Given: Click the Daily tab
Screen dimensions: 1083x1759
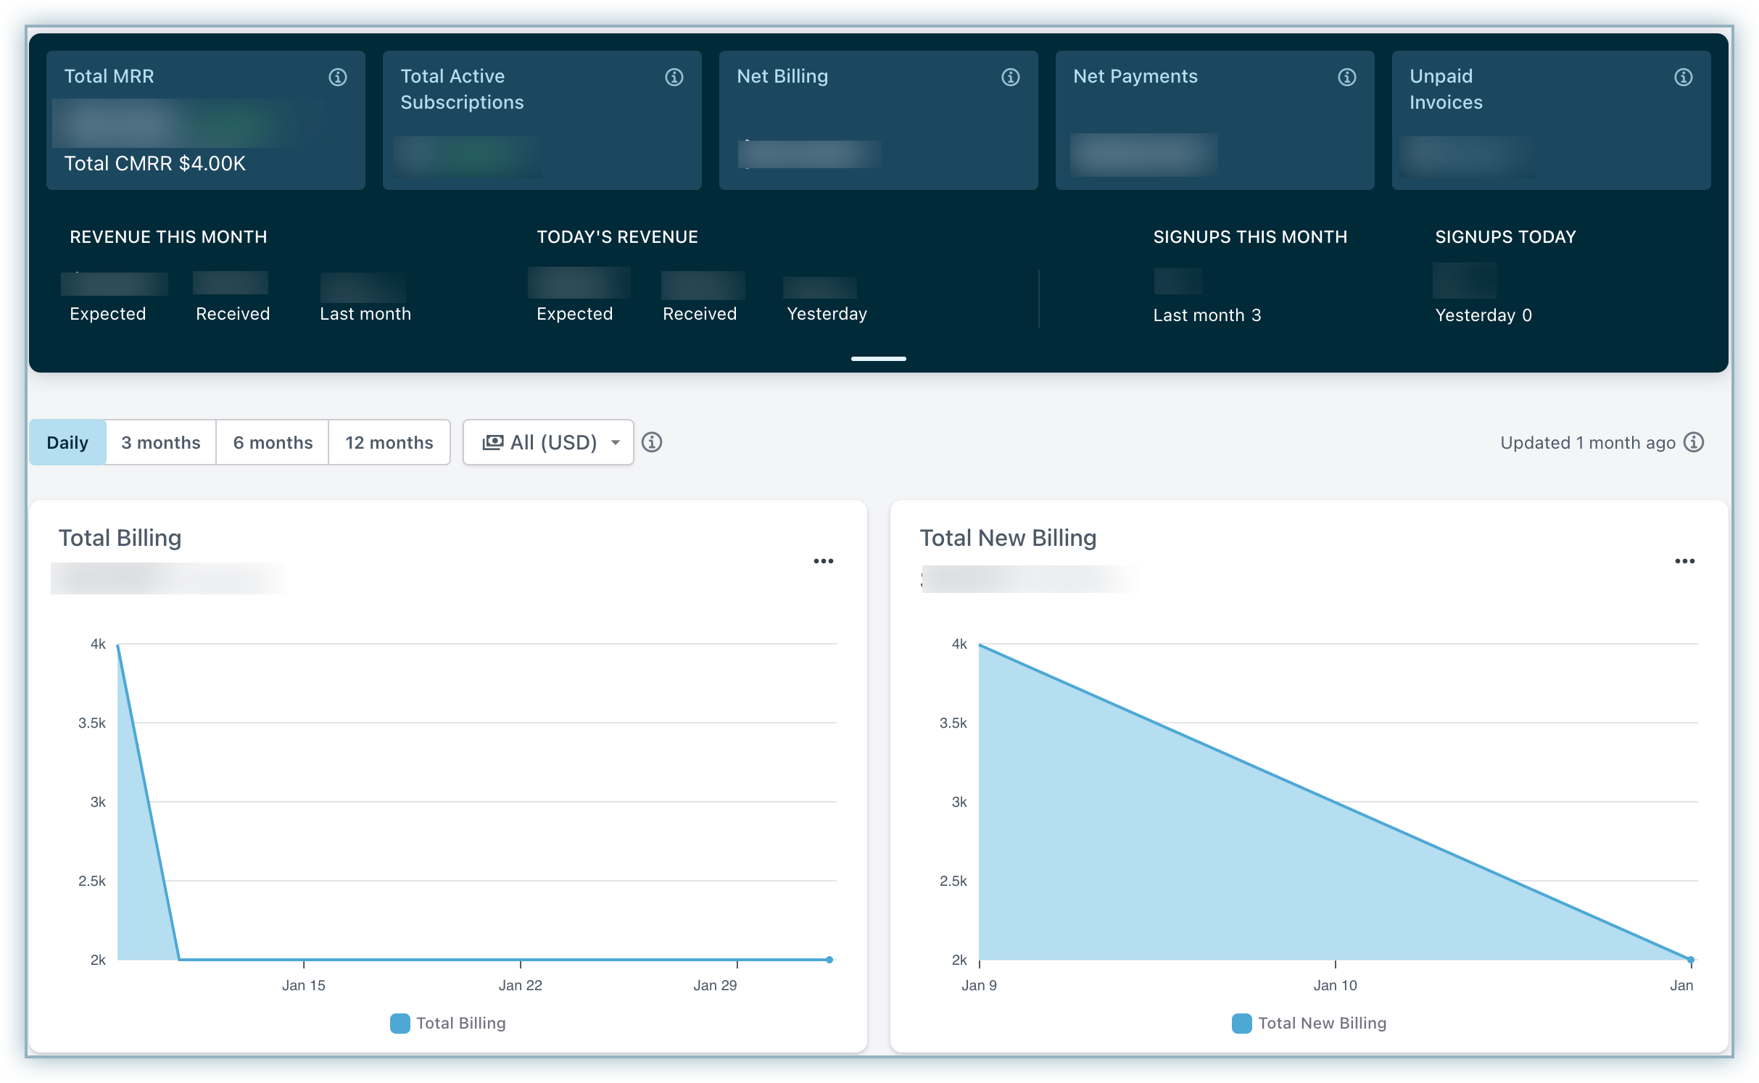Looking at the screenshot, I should click(x=67, y=442).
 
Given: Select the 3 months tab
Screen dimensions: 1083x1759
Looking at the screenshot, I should click(x=160, y=442).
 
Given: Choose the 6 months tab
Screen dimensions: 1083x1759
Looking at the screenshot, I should click(x=273, y=442).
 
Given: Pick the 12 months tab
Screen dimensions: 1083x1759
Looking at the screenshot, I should click(x=389, y=442).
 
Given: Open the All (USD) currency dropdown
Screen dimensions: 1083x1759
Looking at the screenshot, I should click(x=549, y=442).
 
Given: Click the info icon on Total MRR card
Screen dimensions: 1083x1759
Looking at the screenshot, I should click(x=338, y=77).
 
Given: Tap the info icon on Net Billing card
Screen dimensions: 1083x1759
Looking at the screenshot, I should click(x=1011, y=77).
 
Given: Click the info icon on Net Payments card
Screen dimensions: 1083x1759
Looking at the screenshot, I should click(x=1347, y=77).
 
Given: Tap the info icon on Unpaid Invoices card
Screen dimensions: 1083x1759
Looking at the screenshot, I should click(x=1684, y=77).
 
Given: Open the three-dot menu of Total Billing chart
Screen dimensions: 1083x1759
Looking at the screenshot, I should click(x=824, y=561).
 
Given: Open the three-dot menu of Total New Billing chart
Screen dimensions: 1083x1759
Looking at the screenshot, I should click(x=1685, y=561).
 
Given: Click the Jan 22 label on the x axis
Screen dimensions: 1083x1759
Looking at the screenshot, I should click(x=520, y=985).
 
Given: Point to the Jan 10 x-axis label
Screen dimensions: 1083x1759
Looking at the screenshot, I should click(x=1335, y=985).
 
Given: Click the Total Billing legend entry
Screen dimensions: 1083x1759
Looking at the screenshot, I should click(x=449, y=1023).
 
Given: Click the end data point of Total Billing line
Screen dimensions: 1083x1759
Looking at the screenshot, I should click(x=829, y=960).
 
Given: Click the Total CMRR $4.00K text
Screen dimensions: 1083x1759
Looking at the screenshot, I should click(x=155, y=164).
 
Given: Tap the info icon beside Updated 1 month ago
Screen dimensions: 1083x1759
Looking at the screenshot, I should click(x=1694, y=442).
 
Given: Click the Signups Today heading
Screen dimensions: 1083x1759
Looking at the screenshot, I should click(x=1505, y=237).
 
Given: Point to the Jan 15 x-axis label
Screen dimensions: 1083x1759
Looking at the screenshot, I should click(x=303, y=985).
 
